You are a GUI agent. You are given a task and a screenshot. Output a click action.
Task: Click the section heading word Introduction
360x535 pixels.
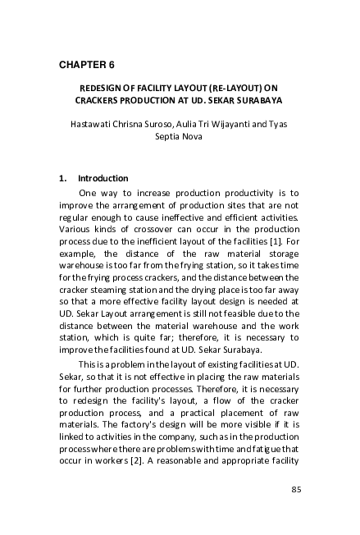click(x=103, y=178)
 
